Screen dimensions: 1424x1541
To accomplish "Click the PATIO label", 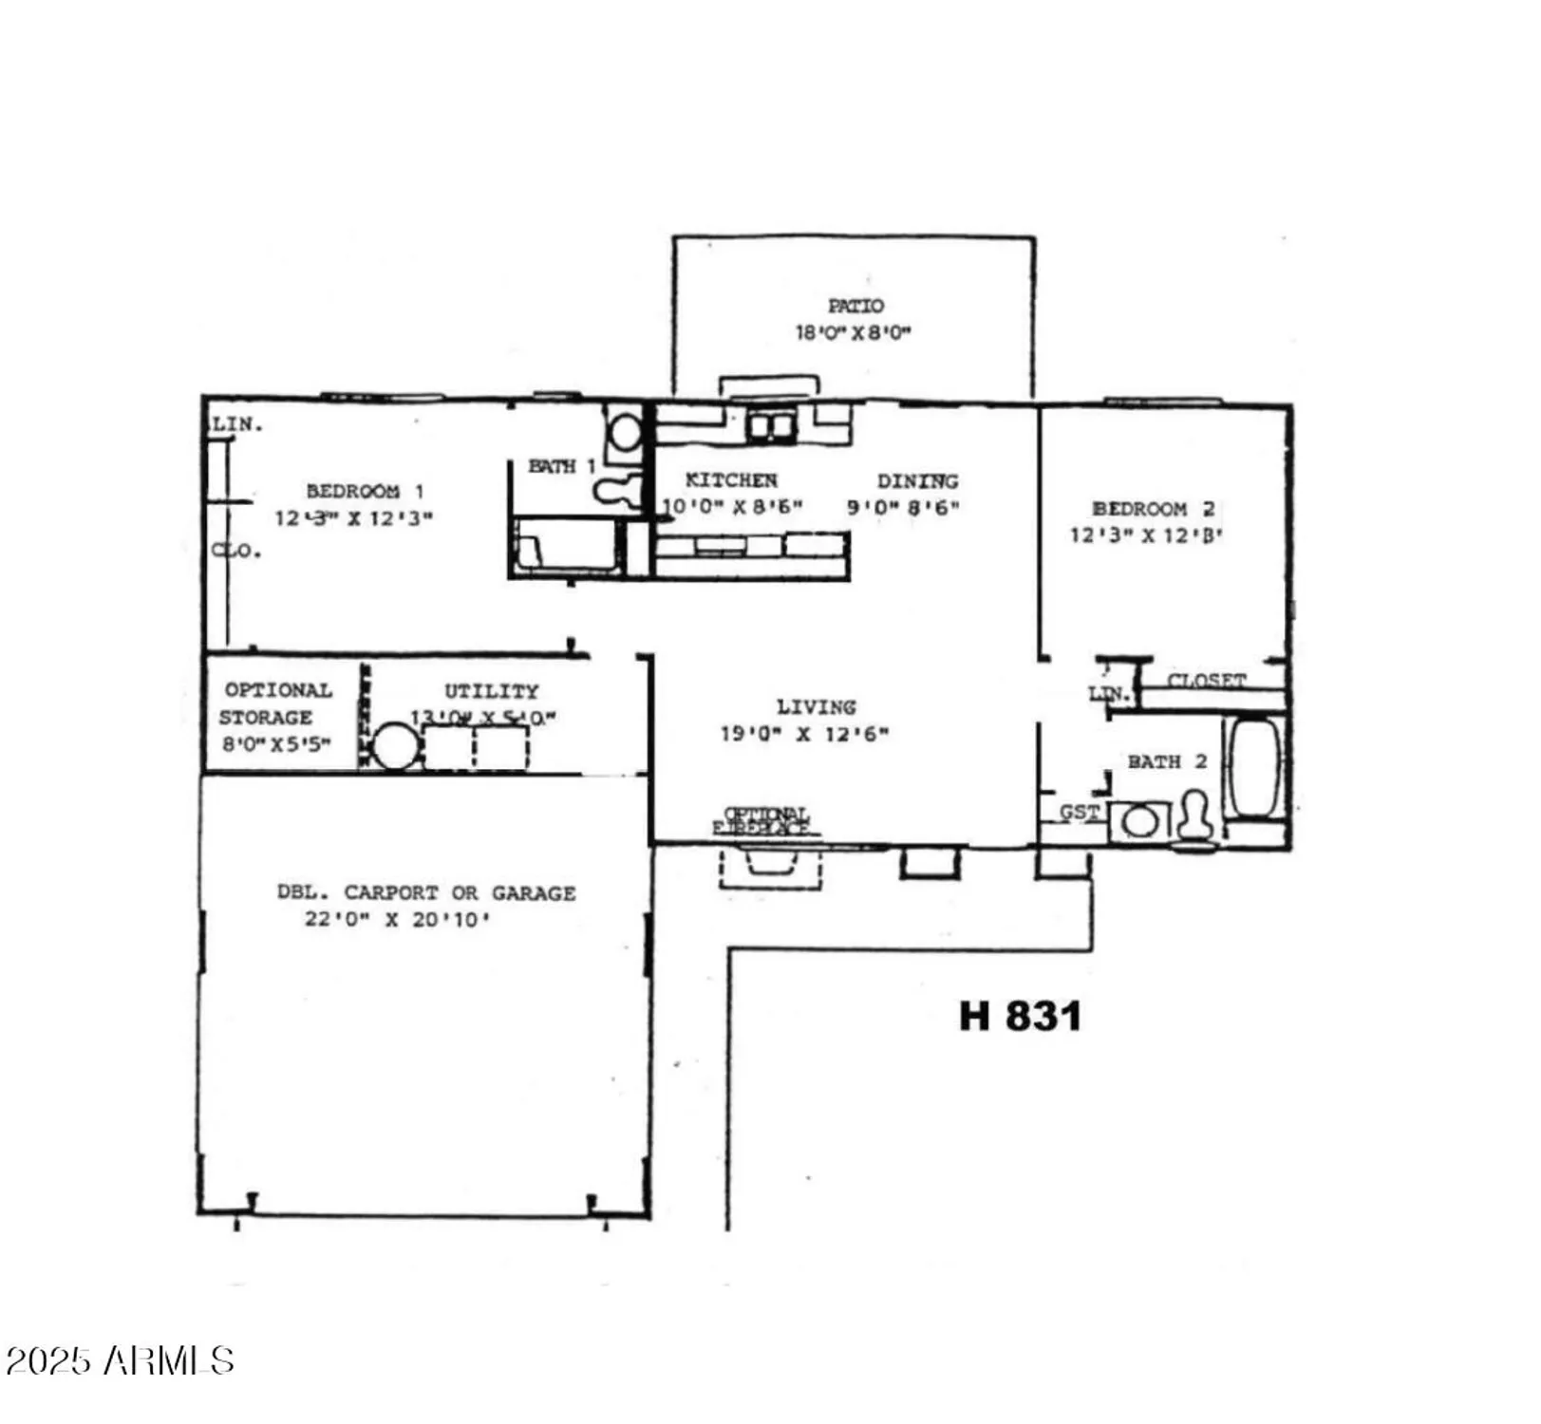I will point(855,306).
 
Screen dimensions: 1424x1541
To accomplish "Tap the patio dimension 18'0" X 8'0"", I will point(853,332).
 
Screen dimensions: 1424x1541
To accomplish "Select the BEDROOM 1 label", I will point(365,491).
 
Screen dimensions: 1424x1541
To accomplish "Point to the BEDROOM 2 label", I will point(1153,509).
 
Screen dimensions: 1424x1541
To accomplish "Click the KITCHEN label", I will point(731,480).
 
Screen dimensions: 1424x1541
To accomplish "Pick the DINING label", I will point(917,481).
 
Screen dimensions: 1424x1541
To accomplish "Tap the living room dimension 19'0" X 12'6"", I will point(804,734).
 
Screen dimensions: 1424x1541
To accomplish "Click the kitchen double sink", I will point(770,425).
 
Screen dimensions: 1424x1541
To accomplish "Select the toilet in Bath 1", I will point(616,490).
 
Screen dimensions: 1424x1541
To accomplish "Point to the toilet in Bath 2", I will point(1194,818).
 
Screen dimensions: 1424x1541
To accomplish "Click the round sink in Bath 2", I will point(1139,821).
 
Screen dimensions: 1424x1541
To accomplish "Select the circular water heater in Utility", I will point(395,746).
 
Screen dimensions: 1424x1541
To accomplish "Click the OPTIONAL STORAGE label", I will point(276,703).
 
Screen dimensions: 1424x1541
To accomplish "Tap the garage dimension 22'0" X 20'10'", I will point(397,919).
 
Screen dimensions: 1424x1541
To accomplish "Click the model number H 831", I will point(1020,1016).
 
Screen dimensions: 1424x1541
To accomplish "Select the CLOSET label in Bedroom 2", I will point(1206,681).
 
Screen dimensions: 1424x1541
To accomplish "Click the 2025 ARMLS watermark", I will point(119,1360).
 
